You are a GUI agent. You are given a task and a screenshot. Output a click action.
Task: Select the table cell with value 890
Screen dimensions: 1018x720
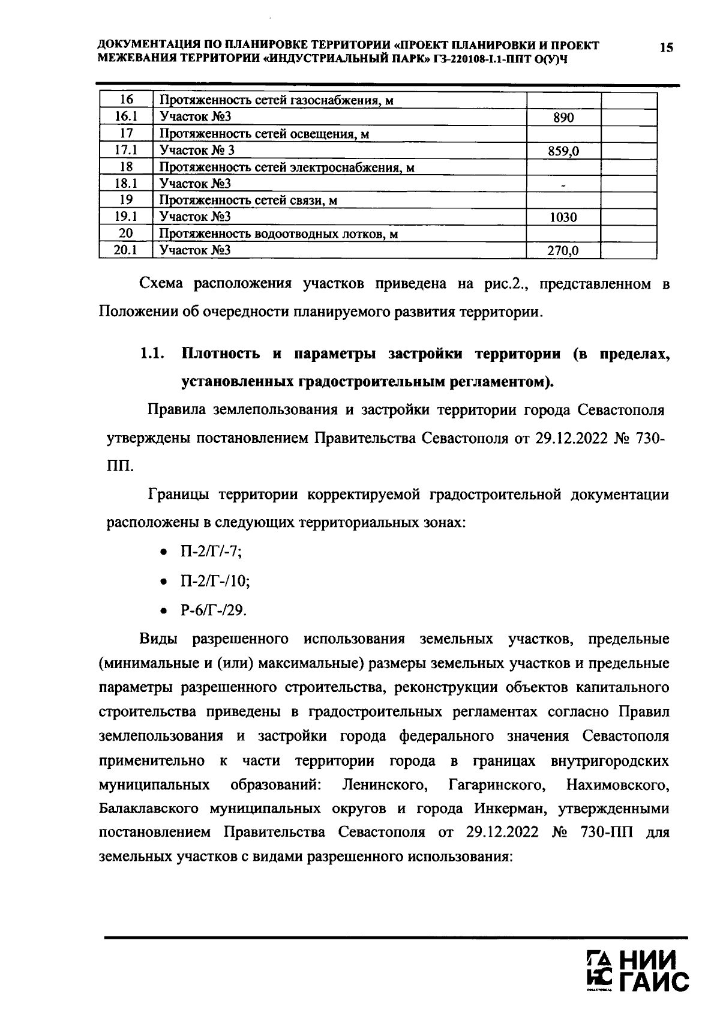563,118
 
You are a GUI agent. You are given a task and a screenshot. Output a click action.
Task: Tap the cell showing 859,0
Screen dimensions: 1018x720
563,151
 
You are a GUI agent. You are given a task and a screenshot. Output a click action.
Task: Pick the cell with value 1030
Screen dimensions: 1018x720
563,217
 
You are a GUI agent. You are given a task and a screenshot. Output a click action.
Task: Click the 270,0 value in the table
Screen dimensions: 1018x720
563,251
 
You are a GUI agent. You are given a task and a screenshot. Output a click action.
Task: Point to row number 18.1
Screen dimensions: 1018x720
126,184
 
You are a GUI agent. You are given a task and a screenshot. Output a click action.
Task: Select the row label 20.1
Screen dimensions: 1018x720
126,250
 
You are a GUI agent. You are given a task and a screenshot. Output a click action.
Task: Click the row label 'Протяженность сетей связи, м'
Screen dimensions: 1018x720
248,200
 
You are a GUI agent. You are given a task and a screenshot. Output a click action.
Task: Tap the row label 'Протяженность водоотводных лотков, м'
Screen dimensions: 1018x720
278,234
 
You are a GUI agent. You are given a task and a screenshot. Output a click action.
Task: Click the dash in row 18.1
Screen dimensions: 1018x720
563,184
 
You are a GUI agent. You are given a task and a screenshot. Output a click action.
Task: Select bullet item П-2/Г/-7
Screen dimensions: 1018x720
211,552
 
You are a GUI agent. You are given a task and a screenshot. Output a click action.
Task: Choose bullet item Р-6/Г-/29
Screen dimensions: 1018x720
213,610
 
